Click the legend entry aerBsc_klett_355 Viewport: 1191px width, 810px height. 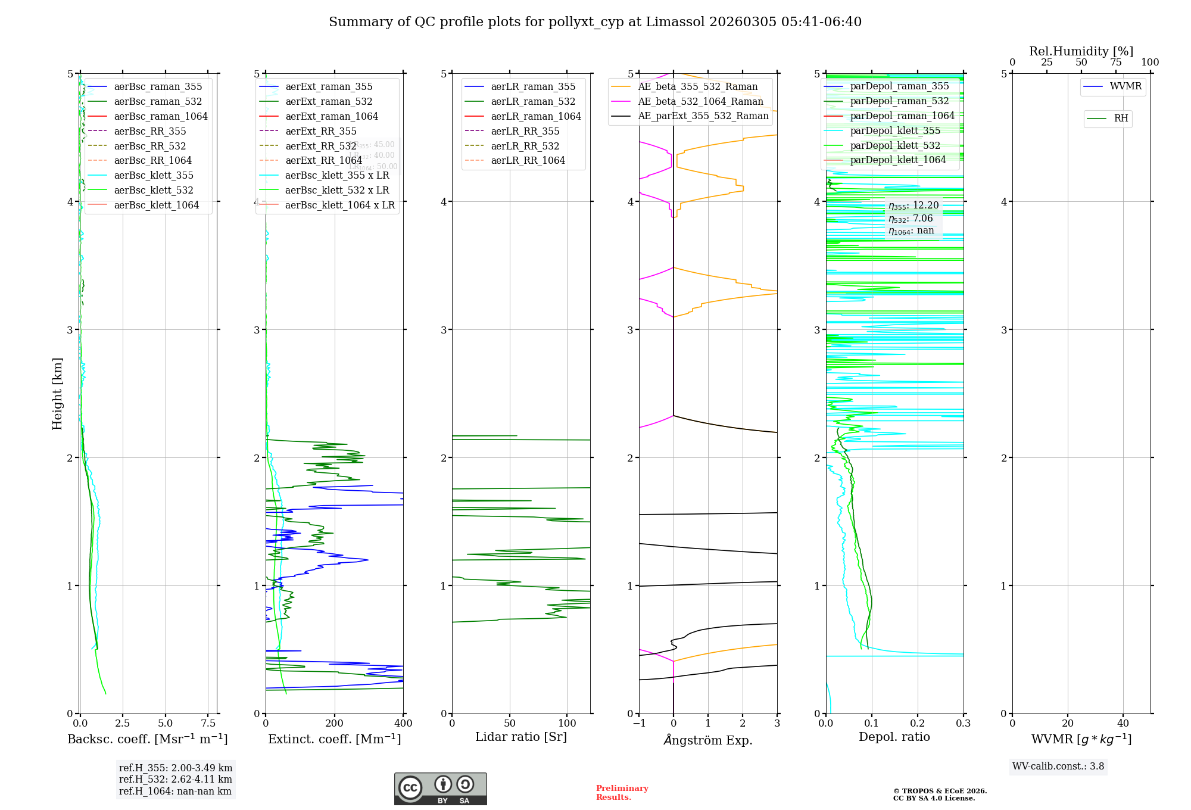[154, 175]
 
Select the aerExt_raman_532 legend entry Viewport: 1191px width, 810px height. [329, 101]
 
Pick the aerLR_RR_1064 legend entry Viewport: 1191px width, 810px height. [528, 160]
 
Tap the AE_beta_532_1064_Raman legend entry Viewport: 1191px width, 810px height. [700, 101]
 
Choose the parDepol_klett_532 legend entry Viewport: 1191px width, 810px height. [895, 145]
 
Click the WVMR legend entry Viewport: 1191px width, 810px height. [1125, 86]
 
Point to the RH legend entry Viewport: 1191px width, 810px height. [1121, 119]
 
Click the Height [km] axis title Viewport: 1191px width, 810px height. [57, 394]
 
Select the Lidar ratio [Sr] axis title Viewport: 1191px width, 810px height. [521, 737]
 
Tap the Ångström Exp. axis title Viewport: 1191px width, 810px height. [708, 740]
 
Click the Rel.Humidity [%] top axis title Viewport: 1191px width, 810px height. [1081, 51]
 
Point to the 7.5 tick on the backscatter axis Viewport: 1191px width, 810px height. [208, 723]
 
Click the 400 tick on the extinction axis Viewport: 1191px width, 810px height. [403, 723]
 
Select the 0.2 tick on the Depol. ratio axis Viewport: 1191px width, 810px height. [918, 723]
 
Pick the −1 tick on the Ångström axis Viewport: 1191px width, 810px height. [639, 723]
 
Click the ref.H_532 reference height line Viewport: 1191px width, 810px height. [175, 779]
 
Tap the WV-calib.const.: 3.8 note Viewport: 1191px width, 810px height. [1058, 766]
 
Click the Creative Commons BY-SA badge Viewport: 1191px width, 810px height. [440, 789]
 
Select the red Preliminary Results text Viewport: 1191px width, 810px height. [622, 792]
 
